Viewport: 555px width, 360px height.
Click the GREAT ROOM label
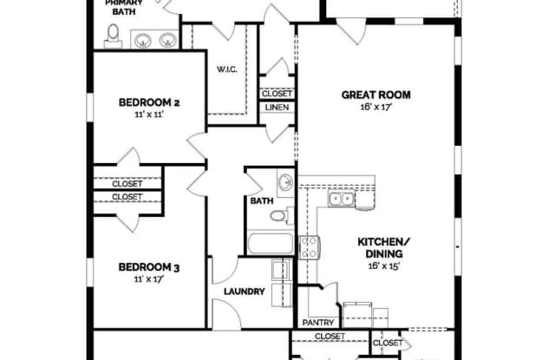[375, 95]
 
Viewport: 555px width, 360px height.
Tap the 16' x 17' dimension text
[375, 108]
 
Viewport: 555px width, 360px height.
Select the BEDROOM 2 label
[148, 102]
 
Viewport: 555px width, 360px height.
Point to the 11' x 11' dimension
[148, 115]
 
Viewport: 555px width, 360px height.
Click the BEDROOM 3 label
[148, 266]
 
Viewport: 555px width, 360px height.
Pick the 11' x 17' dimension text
[148, 278]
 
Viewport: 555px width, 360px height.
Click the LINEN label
[277, 108]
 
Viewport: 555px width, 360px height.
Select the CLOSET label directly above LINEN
[277, 94]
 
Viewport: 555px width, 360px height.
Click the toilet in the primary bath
[113, 35]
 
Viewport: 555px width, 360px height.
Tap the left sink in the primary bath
[142, 38]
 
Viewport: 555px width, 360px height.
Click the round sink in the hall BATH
[285, 182]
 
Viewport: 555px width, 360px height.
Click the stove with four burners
[309, 247]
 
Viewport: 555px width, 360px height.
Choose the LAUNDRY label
[244, 291]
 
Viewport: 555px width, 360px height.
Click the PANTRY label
[317, 322]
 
